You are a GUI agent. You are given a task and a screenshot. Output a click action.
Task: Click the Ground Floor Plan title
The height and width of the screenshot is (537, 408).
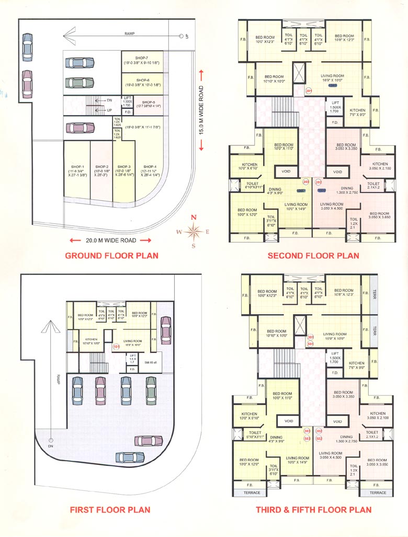point(111,256)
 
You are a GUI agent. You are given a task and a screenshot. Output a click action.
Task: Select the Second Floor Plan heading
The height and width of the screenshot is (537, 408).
point(313,256)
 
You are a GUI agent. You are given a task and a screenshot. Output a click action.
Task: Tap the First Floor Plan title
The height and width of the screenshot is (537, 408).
point(110,510)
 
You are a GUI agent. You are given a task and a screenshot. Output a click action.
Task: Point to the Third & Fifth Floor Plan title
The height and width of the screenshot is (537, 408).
point(313,510)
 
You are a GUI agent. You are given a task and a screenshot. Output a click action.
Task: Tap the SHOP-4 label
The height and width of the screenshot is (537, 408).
point(150,166)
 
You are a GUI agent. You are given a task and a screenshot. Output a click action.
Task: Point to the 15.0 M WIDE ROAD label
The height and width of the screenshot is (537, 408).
point(201,110)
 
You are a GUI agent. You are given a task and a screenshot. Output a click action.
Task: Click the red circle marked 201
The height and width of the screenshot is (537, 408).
point(309,90)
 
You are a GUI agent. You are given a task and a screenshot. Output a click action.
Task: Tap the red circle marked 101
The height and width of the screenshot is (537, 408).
point(116,346)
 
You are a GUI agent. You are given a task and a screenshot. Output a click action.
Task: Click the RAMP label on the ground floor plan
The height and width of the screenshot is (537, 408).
point(130,33)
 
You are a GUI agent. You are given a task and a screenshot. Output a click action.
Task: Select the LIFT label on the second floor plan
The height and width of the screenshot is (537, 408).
point(336,102)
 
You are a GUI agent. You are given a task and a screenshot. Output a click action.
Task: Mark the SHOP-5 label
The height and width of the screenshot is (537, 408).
point(148,102)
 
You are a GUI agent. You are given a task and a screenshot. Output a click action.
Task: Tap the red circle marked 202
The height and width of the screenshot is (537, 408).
point(319,182)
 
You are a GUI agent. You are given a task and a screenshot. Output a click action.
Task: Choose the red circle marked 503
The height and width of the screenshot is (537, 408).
point(307,438)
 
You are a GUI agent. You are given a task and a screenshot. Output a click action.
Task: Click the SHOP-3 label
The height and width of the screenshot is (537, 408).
point(123,166)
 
